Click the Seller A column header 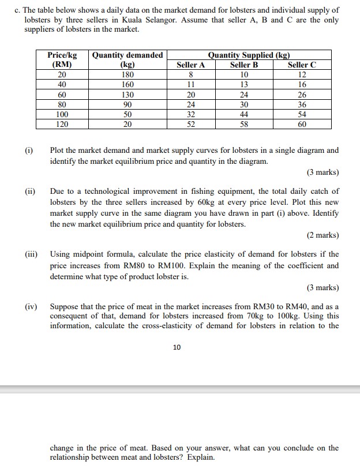pos(190,65)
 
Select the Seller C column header pos(302,65)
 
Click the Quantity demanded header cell pos(127,55)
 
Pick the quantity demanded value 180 pos(127,75)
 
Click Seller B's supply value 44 pos(244,114)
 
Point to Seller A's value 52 pos(190,124)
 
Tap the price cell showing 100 pos(62,114)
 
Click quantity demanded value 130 pos(127,95)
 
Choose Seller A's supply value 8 pos(190,75)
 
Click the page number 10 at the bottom pos(177,347)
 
